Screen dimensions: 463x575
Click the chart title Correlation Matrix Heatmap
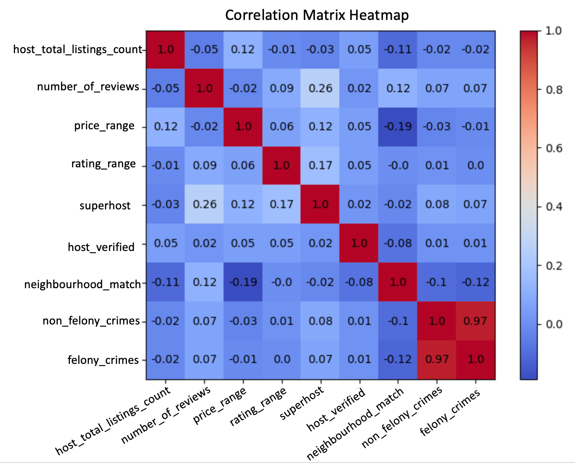click(x=317, y=15)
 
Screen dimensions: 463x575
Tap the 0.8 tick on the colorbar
click(x=554, y=90)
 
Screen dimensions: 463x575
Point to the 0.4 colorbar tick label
click(x=554, y=207)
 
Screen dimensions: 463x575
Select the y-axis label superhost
click(x=105, y=206)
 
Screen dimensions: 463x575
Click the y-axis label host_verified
click(x=101, y=247)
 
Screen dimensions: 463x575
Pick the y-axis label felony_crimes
click(x=103, y=360)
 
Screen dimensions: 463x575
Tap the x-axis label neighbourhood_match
click(x=355, y=423)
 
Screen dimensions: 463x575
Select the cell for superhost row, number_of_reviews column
click(x=204, y=204)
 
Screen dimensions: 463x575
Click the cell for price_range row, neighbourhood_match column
click(x=398, y=127)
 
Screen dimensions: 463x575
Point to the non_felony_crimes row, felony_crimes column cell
click(x=475, y=321)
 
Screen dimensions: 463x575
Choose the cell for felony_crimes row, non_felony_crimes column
click(x=437, y=359)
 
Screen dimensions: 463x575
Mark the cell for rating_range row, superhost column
click(x=320, y=166)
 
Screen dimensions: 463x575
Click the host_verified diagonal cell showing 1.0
click(x=359, y=243)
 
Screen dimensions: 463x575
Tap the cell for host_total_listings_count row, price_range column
click(x=243, y=49)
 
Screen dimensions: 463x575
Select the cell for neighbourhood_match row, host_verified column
click(x=359, y=282)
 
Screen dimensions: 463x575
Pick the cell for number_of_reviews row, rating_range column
click(x=282, y=88)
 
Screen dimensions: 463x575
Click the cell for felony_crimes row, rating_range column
click(x=282, y=359)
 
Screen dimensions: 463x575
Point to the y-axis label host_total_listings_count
click(x=78, y=49)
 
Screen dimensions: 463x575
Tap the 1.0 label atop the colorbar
click(x=554, y=31)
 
